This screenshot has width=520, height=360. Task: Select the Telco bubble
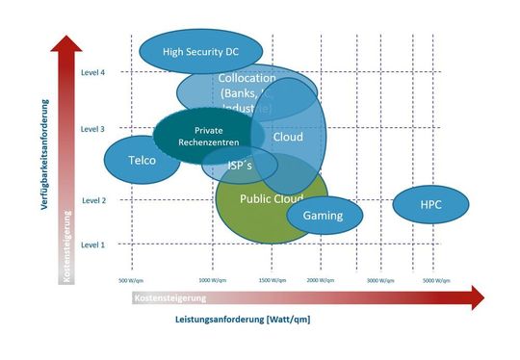[142, 161]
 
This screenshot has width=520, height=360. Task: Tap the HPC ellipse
[430, 205]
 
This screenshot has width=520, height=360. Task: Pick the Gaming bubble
[324, 216]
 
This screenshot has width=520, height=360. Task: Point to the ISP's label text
[240, 166]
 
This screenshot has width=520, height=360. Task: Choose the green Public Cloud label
[271, 199]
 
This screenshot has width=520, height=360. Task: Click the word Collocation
[247, 78]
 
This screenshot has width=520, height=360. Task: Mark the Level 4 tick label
[92, 72]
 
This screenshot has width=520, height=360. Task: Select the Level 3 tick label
[92, 128]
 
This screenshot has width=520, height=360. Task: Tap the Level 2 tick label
[92, 200]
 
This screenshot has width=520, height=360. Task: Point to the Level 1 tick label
[92, 244]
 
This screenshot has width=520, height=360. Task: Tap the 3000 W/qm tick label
[380, 280]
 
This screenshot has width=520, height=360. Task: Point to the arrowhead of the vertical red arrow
[66, 43]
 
